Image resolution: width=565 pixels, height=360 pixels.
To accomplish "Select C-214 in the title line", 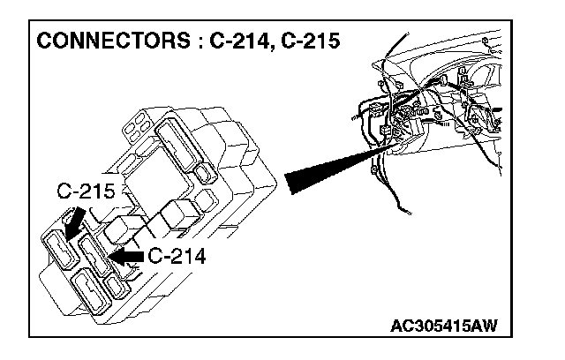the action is tap(240, 43).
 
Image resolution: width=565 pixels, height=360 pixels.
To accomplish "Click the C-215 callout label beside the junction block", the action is tap(84, 191).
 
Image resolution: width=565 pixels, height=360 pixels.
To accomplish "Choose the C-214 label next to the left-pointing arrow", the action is tap(176, 257).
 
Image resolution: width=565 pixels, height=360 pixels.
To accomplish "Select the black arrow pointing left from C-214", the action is tap(127, 257).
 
